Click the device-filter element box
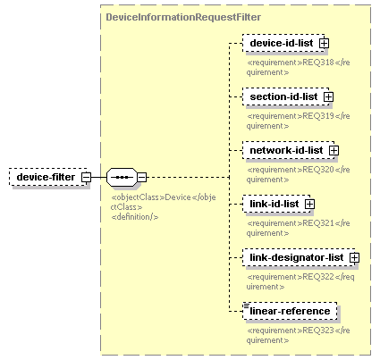pyautogui.click(x=48, y=177)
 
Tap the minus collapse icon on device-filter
pyautogui.click(x=87, y=177)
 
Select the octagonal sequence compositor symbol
pyautogui.click(x=122, y=177)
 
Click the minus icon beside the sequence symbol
pyautogui.click(x=142, y=177)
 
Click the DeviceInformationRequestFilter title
pyautogui.click(x=183, y=17)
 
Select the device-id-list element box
pyautogui.click(x=283, y=43)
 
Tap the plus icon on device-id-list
pyautogui.click(x=324, y=44)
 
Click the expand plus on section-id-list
pyautogui.click(x=328, y=97)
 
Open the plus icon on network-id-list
pyautogui.click(x=334, y=151)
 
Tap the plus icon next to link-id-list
pyautogui.click(x=309, y=205)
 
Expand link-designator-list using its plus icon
pyautogui.click(x=354, y=258)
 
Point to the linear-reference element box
pyautogui.click(x=290, y=311)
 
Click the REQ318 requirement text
pyautogui.click(x=298, y=67)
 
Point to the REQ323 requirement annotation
pyautogui.click(x=298, y=335)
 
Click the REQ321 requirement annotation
pyautogui.click(x=298, y=228)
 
